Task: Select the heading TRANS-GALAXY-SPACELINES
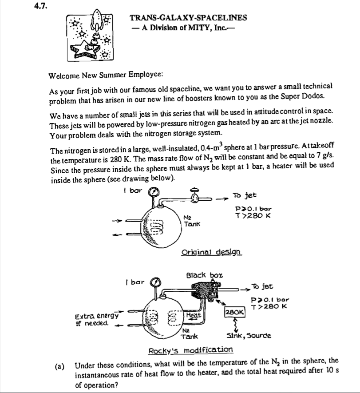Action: click(188, 18)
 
